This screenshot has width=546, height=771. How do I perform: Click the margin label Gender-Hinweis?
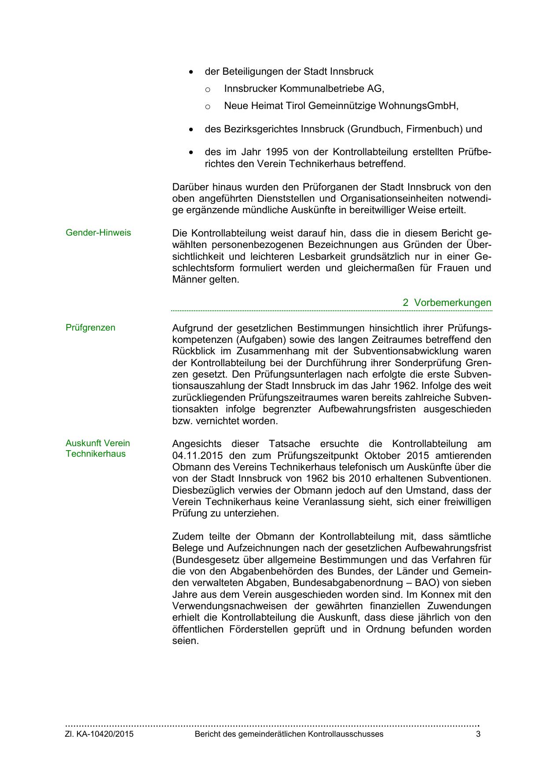click(x=98, y=233)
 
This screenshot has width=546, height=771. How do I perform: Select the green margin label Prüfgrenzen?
click(x=90, y=327)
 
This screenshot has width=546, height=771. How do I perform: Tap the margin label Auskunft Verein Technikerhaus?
click(x=98, y=448)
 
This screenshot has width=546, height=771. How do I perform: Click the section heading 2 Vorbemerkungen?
click(x=447, y=303)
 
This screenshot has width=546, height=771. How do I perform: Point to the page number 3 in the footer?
click(x=478, y=734)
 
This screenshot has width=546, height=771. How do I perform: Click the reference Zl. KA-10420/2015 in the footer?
click(x=99, y=734)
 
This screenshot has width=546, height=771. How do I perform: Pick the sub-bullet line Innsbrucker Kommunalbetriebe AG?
click(x=304, y=89)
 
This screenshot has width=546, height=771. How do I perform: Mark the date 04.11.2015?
click(x=195, y=455)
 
